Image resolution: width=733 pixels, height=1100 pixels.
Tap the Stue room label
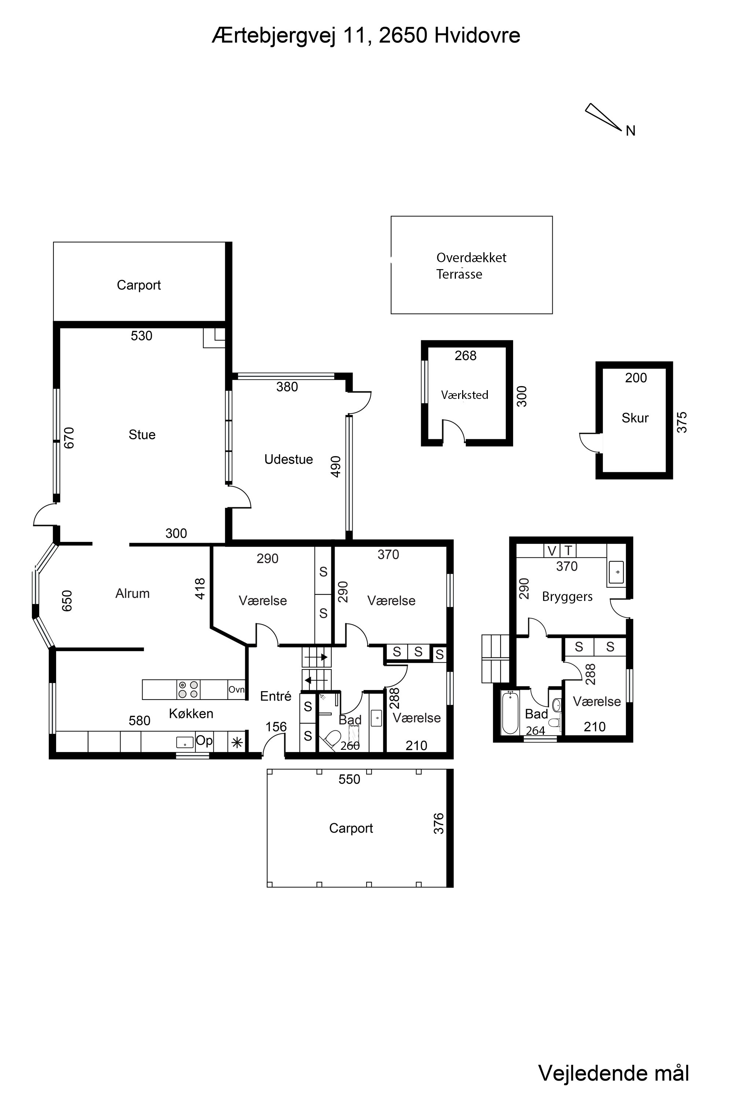tap(142, 435)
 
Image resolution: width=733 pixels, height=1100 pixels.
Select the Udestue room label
tap(288, 459)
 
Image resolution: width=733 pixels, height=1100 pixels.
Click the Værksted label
tap(465, 395)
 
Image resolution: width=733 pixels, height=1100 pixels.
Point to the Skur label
tap(635, 418)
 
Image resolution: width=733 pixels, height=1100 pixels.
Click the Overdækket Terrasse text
tap(471, 265)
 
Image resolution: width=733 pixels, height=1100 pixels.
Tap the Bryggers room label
tap(567, 597)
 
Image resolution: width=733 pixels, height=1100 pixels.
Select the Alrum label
tap(132, 594)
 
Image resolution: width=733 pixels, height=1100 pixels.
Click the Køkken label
tap(191, 714)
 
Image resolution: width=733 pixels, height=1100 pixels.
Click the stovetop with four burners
tap(188, 689)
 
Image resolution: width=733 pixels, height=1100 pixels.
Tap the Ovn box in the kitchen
tap(236, 690)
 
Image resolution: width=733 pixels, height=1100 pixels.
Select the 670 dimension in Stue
tap(69, 438)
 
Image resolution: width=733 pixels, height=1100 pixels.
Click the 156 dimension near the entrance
tap(276, 727)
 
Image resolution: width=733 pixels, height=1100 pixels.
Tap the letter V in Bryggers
tap(552, 551)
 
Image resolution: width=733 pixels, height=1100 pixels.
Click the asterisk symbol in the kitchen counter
tap(237, 742)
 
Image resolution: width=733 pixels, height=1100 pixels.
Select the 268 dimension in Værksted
tap(465, 356)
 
